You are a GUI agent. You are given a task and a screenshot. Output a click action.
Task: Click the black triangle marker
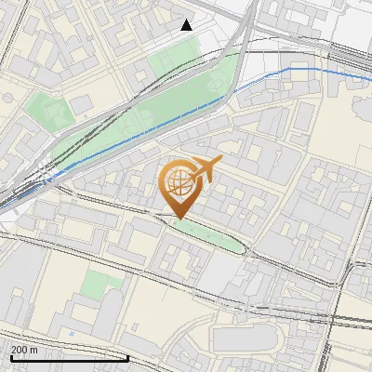pyautogui.click(x=187, y=25)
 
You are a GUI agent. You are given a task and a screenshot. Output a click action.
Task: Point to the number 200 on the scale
pyautogui.click(x=20, y=350)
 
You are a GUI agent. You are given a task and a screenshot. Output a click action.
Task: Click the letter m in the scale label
pyautogui.click(x=33, y=350)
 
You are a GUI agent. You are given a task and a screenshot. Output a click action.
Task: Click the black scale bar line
pyautogui.click(x=65, y=357)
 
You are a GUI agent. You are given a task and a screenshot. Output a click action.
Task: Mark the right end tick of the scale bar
pyautogui.click(x=127, y=355)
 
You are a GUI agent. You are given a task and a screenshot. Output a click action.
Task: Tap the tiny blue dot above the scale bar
pyautogui.click(x=72, y=332)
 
